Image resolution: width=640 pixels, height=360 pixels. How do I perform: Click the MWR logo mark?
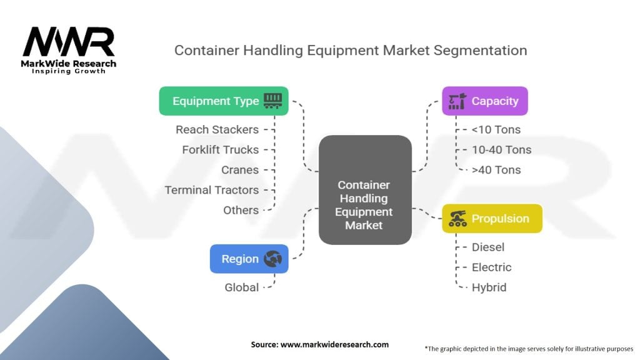pyautogui.click(x=69, y=42)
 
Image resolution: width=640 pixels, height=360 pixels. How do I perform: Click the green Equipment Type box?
pyautogui.click(x=224, y=101)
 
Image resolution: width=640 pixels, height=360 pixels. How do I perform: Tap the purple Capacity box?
pyautogui.click(x=485, y=101)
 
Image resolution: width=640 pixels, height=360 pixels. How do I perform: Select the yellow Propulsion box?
pyautogui.click(x=492, y=218)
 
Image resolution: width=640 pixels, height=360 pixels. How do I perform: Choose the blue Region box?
pyautogui.click(x=249, y=259)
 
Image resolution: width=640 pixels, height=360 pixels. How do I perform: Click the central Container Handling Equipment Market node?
pyautogui.click(x=365, y=190)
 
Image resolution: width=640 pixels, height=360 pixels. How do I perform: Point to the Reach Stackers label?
pyautogui.click(x=217, y=129)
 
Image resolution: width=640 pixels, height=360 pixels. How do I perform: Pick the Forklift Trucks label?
pyautogui.click(x=221, y=150)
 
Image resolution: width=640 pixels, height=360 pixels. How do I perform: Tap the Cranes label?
pyautogui.click(x=240, y=170)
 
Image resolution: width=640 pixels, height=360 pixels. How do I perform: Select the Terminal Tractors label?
pyautogui.click(x=212, y=190)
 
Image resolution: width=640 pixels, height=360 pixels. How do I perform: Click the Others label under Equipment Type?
pyautogui.click(x=241, y=210)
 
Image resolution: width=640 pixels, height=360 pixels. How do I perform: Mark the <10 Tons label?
pyautogui.click(x=496, y=129)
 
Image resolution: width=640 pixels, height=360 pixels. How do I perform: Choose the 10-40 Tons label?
pyautogui.click(x=502, y=150)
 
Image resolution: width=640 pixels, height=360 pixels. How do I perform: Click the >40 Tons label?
pyautogui.click(x=496, y=170)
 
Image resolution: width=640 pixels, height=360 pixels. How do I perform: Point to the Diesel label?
pyautogui.click(x=488, y=247)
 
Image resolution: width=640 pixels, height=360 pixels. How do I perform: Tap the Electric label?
pyautogui.click(x=491, y=267)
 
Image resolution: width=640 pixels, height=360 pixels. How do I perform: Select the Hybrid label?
pyautogui.click(x=489, y=287)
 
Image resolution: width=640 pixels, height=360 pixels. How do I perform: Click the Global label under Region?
pyautogui.click(x=242, y=287)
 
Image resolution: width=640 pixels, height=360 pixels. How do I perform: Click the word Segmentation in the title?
pyautogui.click(x=481, y=51)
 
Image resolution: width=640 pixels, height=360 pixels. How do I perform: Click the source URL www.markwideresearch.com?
pyautogui.click(x=335, y=344)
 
